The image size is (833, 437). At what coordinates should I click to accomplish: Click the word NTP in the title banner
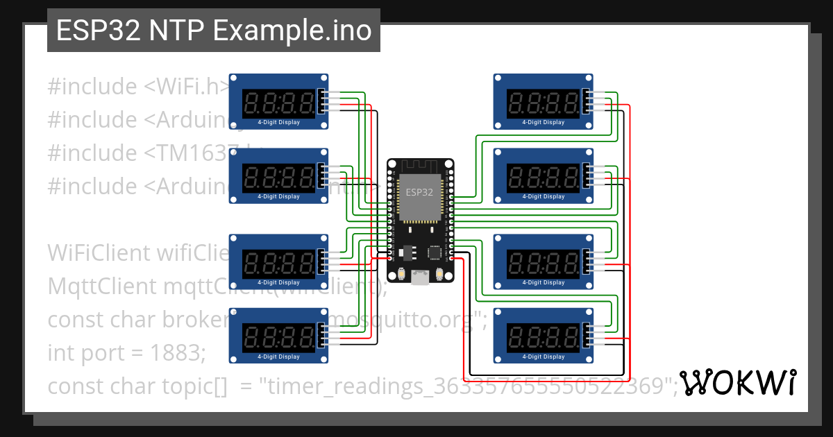[177, 31]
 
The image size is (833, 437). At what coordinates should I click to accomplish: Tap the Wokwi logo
[737, 383]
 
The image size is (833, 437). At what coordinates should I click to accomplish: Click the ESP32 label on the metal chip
[419, 192]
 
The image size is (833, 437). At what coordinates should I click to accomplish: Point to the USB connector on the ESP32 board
[419, 278]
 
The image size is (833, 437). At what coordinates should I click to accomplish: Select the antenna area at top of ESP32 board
[419, 166]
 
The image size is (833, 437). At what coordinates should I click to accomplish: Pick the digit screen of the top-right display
[544, 104]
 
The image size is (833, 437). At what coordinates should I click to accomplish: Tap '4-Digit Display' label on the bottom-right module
[544, 357]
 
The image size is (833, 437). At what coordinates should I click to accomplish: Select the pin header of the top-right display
[587, 101]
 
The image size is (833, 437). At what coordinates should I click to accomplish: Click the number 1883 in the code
[177, 353]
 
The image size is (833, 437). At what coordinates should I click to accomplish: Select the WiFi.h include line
[139, 87]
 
